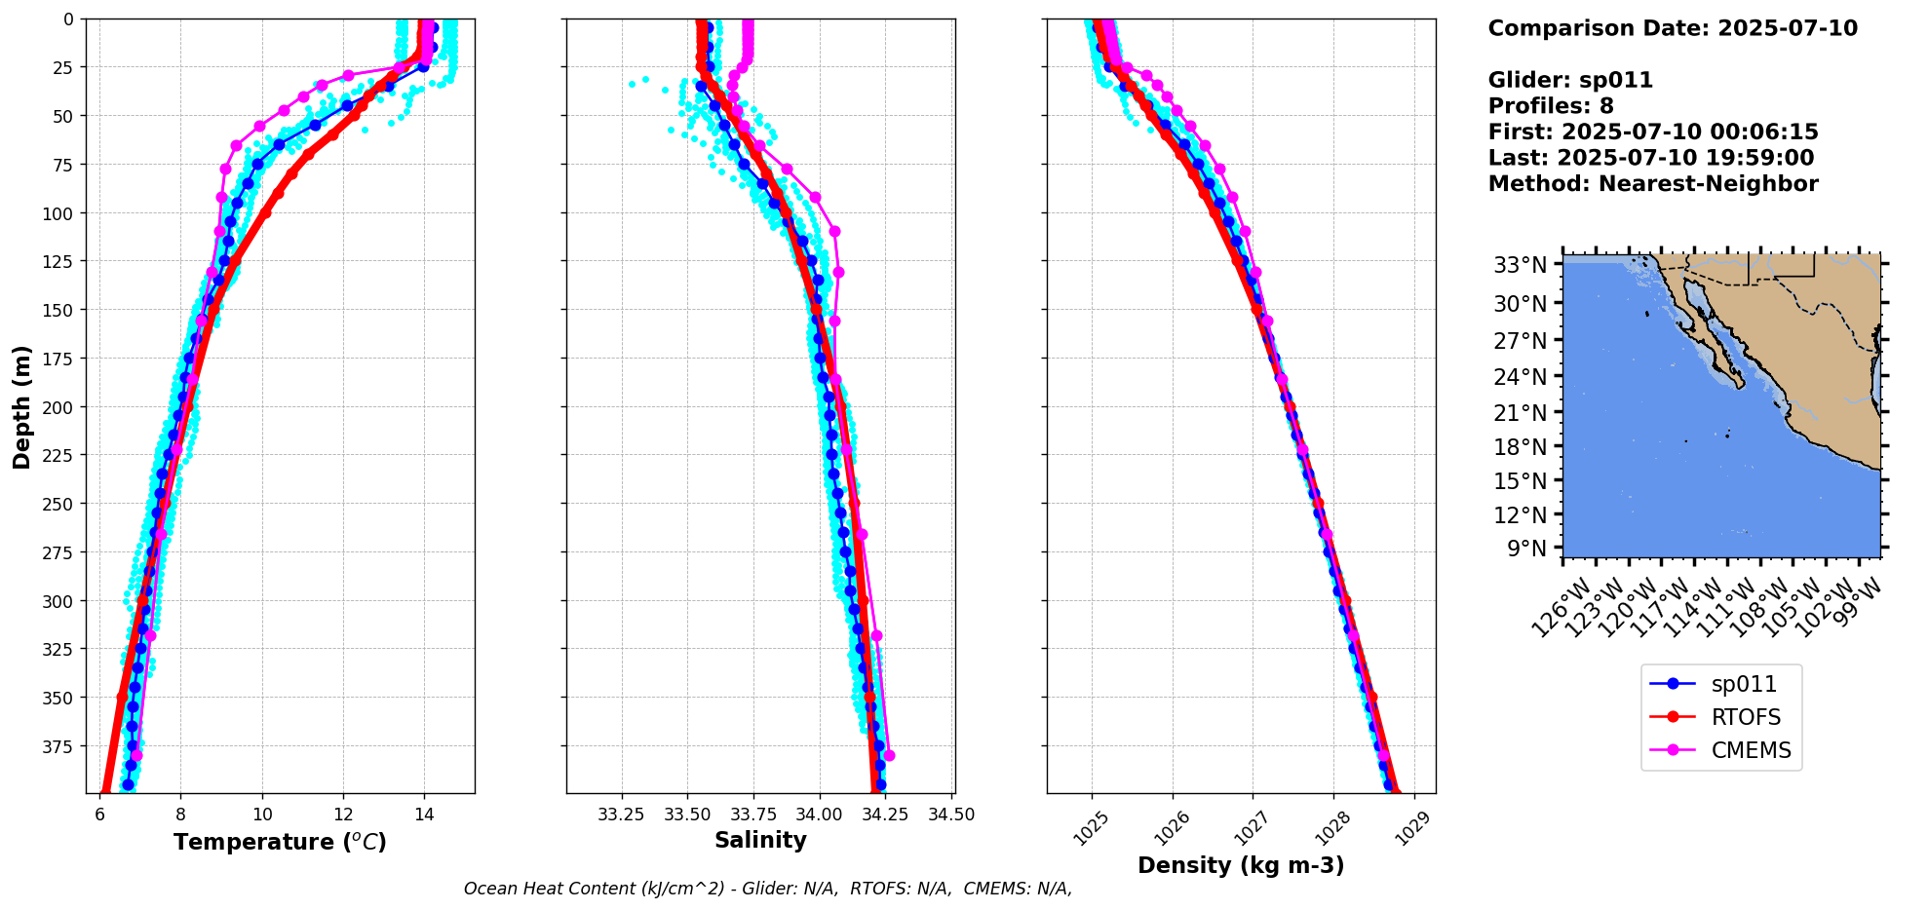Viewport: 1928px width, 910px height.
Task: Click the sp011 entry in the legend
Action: (1744, 685)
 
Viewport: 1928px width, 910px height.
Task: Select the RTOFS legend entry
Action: (1746, 718)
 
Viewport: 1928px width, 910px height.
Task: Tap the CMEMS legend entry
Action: (1751, 751)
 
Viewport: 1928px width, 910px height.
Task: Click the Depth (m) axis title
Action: (21, 406)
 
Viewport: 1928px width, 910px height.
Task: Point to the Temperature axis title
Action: (280, 842)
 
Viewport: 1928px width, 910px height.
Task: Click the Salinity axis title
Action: (760, 841)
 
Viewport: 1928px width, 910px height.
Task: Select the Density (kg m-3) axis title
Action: (1241, 865)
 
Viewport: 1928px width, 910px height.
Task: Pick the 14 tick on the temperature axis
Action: (424, 815)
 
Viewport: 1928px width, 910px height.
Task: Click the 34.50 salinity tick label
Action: (951, 815)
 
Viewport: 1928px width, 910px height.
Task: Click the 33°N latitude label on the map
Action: (1521, 265)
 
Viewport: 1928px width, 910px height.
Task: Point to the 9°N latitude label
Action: (1526, 549)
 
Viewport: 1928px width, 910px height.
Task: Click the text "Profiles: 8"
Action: (1551, 106)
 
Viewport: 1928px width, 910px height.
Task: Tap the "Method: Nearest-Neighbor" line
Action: (1653, 184)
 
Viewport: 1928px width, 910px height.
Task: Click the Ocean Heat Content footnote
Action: (768, 889)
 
